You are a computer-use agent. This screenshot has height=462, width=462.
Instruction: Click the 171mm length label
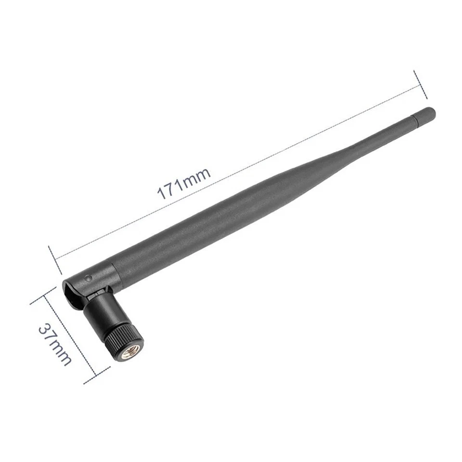click(184, 183)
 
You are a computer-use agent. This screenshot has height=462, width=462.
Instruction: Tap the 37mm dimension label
click(54, 344)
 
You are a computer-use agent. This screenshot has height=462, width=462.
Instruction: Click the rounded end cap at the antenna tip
click(430, 112)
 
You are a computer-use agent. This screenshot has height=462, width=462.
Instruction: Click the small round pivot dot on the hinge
click(88, 278)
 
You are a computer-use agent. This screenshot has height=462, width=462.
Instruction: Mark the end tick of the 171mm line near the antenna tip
click(420, 84)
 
